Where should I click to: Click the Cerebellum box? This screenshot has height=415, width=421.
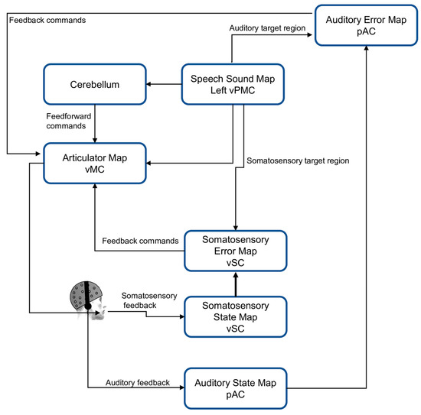[x=94, y=84]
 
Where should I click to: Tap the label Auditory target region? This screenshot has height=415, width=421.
[x=266, y=28]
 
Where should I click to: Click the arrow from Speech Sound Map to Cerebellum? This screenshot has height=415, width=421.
[x=162, y=84]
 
